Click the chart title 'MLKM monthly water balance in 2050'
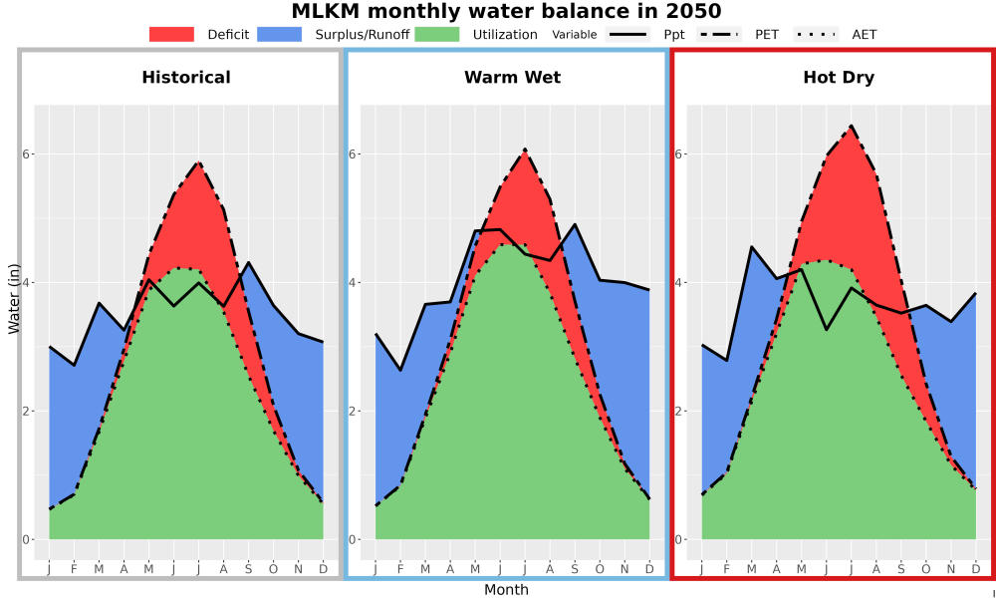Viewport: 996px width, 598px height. click(x=506, y=11)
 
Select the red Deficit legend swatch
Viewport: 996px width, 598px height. click(x=171, y=34)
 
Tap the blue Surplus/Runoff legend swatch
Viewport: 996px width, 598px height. click(x=280, y=34)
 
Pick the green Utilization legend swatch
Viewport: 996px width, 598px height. click(x=437, y=34)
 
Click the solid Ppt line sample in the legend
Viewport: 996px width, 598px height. click(x=627, y=34)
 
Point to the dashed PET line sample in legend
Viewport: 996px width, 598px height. click(x=718, y=34)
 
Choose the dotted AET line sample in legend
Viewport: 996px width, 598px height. click(x=816, y=34)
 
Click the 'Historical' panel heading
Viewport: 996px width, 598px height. click(x=186, y=78)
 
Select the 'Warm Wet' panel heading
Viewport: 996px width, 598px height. click(x=513, y=78)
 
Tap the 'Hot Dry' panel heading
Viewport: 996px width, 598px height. click(x=839, y=78)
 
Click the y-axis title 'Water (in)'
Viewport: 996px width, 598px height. click(x=13, y=299)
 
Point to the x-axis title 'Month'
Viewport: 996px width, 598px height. click(x=506, y=590)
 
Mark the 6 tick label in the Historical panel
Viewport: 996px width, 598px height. click(x=27, y=154)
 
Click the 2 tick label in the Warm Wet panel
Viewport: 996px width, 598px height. click(x=354, y=412)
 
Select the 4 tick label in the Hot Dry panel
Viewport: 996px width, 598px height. click(x=680, y=283)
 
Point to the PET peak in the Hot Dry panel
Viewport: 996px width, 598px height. click(x=852, y=126)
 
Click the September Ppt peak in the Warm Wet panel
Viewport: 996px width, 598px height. click(x=575, y=223)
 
